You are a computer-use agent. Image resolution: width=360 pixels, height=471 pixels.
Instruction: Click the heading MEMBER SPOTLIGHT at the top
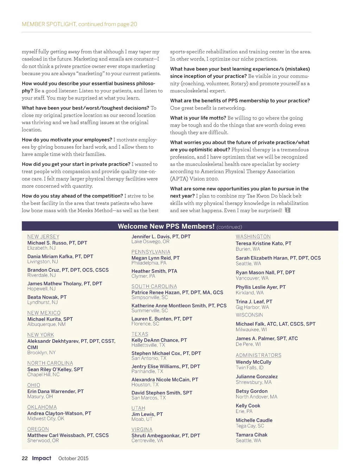pos(49,24)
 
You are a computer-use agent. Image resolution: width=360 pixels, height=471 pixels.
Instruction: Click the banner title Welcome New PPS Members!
pos(166,226)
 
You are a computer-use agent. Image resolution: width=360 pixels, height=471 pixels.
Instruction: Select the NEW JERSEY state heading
pos(43,237)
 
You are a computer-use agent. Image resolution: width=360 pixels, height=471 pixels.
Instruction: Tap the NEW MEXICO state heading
pos(44,313)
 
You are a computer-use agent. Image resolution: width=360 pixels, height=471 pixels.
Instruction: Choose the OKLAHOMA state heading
pos(42,407)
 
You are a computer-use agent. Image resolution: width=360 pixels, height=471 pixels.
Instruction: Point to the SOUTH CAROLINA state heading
pos(154,287)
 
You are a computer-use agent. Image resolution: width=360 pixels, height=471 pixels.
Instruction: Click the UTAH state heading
pos(138,408)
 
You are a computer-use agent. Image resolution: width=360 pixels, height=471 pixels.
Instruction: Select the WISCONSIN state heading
pos(249,315)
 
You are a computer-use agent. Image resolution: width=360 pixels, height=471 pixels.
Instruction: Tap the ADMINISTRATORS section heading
pos(258,355)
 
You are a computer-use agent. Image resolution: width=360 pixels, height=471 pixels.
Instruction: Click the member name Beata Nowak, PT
pos(47,297)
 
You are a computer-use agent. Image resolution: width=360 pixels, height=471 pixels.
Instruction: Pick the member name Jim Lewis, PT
pos(147,414)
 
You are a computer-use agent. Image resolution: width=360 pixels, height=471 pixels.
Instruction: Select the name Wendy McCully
pos(253,362)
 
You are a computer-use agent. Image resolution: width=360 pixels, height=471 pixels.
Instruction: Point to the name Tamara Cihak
pos(251,435)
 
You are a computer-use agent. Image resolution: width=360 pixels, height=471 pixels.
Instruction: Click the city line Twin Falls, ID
pos(249,368)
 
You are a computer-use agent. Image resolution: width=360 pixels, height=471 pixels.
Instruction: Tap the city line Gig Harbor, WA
pos(252,307)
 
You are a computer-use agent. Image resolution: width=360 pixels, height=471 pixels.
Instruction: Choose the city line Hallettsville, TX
pos(148,345)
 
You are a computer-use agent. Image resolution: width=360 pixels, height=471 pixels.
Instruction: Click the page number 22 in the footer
pos(25,458)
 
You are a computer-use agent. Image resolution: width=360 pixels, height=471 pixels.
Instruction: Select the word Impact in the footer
pos(41,458)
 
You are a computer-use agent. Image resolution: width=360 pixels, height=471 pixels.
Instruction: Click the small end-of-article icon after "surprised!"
pos(288,210)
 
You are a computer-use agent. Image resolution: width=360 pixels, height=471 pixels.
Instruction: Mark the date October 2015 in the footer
pos(73,458)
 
